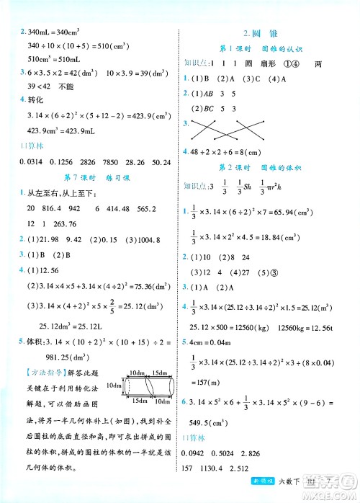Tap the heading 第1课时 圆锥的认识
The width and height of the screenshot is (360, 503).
261,48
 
